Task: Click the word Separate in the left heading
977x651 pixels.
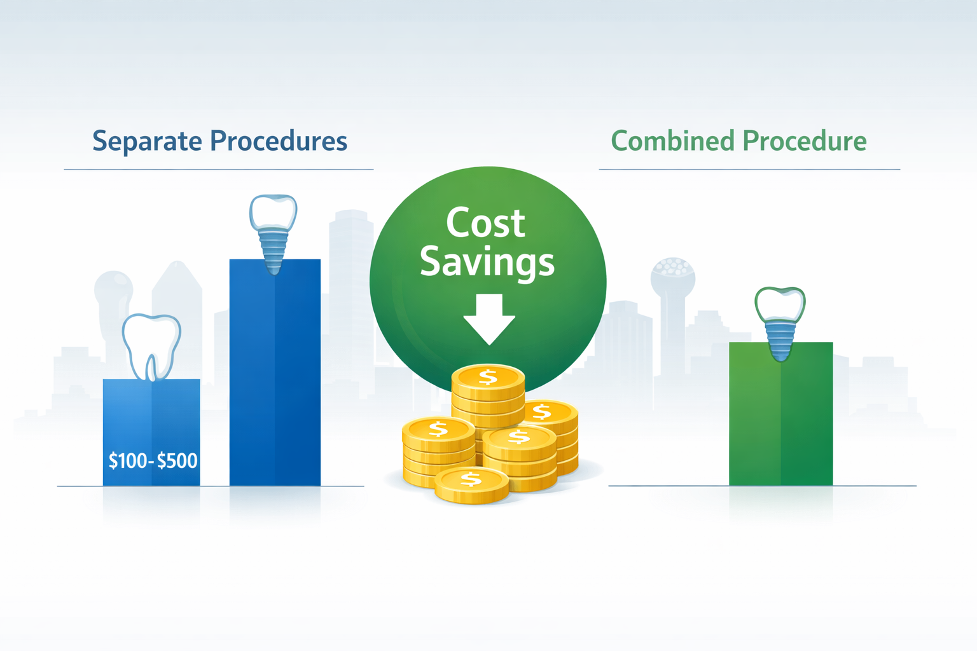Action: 148,141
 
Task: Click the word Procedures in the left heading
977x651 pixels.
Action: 279,141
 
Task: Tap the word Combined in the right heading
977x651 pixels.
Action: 672,141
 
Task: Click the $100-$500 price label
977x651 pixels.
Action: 153,460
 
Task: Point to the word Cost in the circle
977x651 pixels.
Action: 485,223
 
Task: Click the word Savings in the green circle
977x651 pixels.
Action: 487,263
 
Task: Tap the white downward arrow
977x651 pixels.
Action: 488,319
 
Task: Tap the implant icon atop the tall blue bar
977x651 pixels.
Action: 274,233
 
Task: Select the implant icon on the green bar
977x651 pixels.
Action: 780,322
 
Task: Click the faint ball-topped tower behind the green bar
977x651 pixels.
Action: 672,280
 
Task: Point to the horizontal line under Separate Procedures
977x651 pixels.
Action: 218,170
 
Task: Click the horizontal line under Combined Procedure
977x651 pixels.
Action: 749,170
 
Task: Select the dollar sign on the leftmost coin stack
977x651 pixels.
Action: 438,430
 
